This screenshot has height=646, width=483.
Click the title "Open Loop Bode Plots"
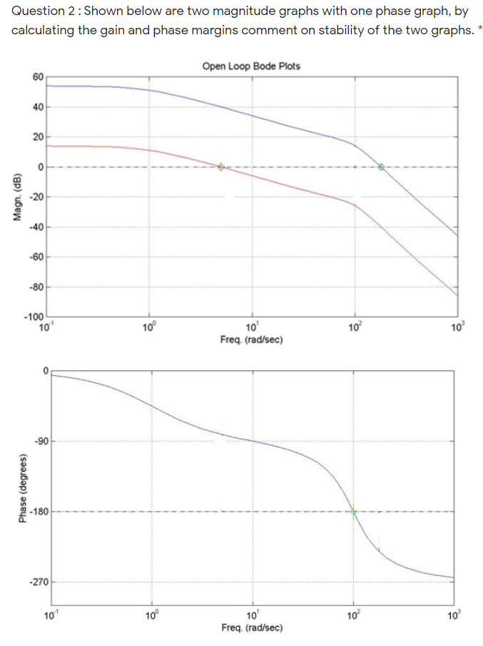pos(251,66)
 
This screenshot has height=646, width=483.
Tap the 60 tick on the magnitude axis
pos(37,76)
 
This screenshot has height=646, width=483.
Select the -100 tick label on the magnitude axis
pos(34,317)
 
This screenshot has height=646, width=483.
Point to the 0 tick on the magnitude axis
pos(41,167)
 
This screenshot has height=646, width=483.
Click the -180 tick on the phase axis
pos(36,512)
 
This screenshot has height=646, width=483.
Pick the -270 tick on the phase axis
pos(36,582)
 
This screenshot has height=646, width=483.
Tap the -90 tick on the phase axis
pos(39,441)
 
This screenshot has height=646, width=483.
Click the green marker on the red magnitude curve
pos(221,167)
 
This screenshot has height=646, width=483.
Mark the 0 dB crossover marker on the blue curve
pos(382,167)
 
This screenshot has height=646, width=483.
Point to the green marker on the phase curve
pos(353,510)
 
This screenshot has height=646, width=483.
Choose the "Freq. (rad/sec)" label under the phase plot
pos(252,627)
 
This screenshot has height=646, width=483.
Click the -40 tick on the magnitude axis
pos(37,227)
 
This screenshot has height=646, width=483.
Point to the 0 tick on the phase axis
pos(44,371)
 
